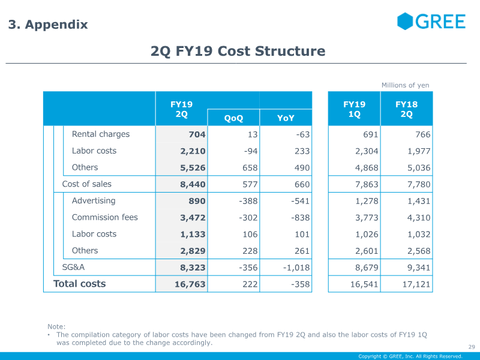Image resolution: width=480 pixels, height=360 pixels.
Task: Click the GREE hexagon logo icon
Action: click(x=405, y=21)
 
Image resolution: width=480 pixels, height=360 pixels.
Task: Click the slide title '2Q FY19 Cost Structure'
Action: click(x=238, y=51)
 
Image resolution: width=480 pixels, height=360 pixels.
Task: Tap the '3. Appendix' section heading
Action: click(x=48, y=25)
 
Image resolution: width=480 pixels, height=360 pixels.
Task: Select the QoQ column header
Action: click(x=233, y=118)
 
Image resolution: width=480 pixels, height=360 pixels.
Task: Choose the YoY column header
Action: click(x=286, y=118)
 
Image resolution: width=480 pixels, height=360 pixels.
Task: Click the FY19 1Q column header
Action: click(x=354, y=109)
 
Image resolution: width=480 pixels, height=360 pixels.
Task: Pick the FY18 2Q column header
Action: click(x=407, y=109)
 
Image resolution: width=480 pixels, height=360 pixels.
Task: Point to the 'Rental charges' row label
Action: click(x=101, y=134)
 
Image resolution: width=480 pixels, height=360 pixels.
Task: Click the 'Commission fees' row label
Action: click(x=104, y=217)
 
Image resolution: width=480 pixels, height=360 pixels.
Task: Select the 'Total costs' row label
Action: click(x=80, y=284)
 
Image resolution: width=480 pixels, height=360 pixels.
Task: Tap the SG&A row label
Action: click(x=73, y=267)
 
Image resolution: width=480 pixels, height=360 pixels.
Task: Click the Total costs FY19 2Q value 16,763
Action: click(x=190, y=284)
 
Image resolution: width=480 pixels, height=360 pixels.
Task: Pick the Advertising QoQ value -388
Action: click(x=248, y=201)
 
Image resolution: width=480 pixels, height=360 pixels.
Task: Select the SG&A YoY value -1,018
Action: click(x=296, y=268)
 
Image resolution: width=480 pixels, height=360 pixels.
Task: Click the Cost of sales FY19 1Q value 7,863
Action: click(x=367, y=185)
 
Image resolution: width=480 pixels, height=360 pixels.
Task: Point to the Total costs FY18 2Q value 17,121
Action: click(x=416, y=284)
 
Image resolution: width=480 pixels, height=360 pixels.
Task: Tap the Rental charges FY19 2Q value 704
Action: click(x=197, y=134)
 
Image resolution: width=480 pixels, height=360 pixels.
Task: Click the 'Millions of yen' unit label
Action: click(x=406, y=85)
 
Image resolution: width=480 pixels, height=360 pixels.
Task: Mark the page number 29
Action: click(x=472, y=347)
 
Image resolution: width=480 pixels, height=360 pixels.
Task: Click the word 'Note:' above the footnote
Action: click(x=56, y=326)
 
